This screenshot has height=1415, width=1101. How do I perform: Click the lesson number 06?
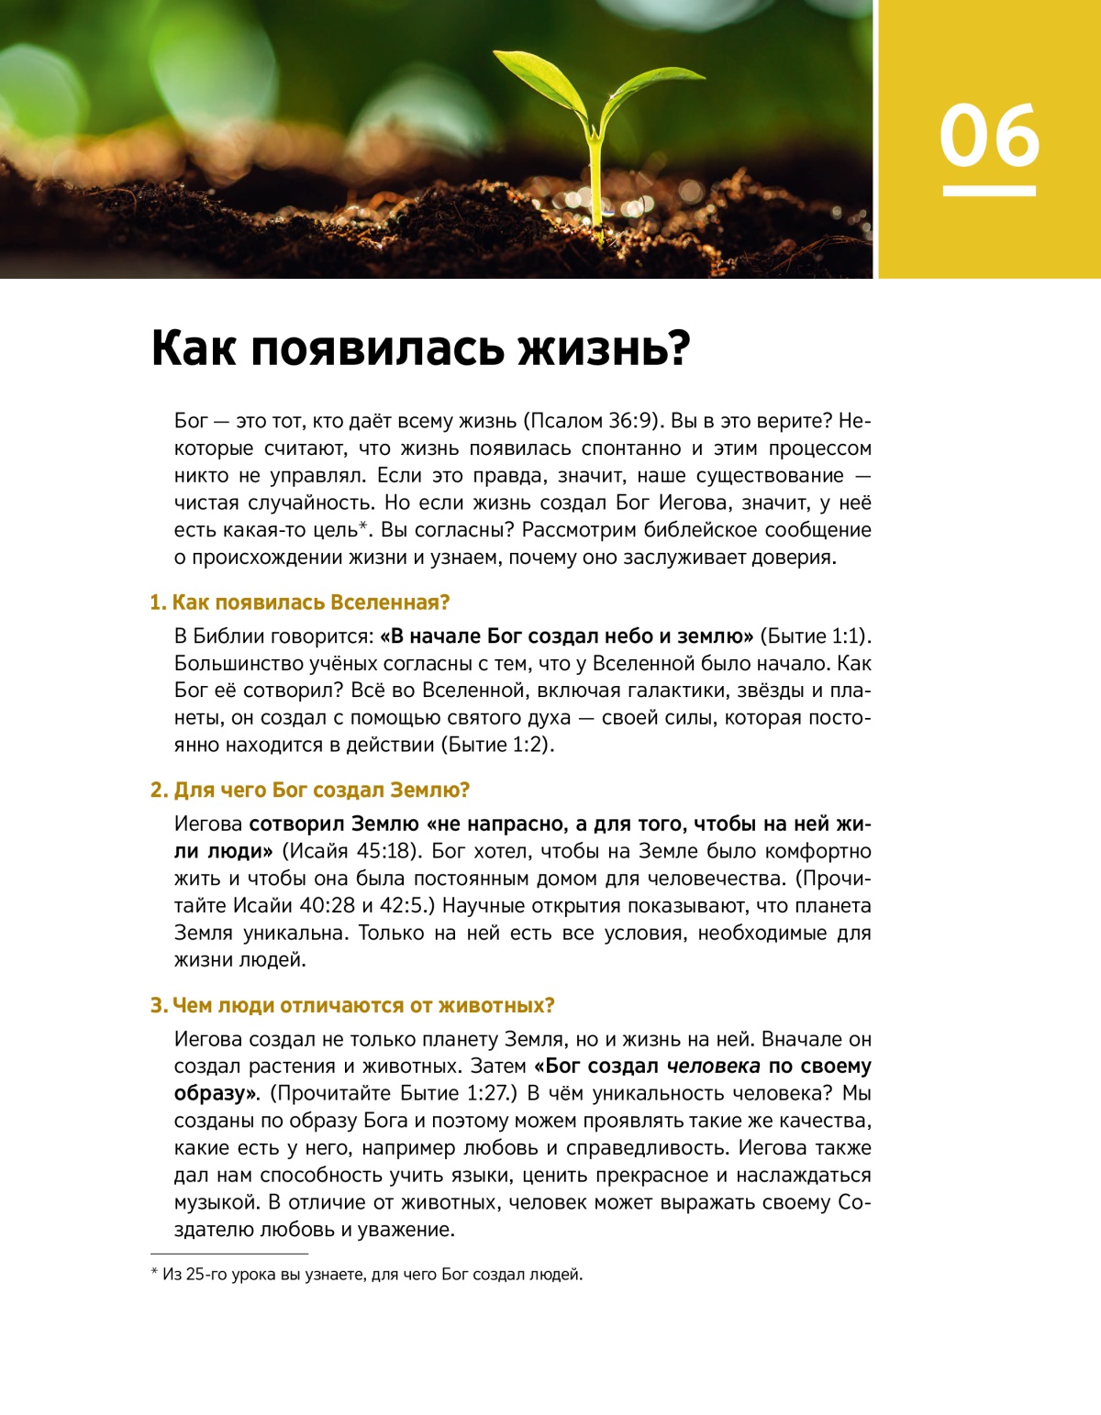coord(989,136)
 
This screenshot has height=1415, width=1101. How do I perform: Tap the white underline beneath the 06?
coord(989,191)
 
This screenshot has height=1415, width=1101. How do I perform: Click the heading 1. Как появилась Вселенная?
coord(300,602)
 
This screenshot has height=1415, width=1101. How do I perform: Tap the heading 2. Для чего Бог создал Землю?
coord(310,790)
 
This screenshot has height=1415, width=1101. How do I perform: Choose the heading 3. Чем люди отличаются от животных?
coord(352,1005)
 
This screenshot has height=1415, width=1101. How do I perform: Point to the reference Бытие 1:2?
coord(496,745)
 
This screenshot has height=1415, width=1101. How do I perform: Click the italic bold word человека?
coord(713,1066)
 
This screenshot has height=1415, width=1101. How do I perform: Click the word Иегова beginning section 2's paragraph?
coord(208,824)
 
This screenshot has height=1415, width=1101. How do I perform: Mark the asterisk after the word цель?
coord(363,525)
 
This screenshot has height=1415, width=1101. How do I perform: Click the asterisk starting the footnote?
coord(154,1273)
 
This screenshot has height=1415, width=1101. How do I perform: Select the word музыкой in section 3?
coord(217,1202)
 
